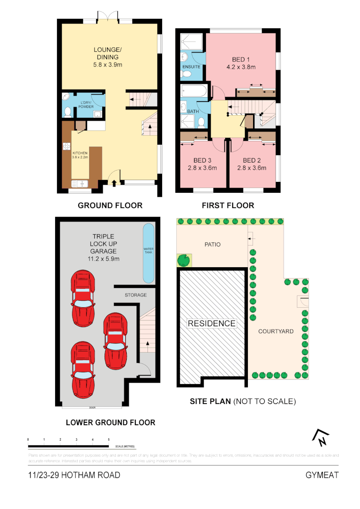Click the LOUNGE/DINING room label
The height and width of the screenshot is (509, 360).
(x=108, y=53)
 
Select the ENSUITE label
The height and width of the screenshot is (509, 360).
(x=191, y=67)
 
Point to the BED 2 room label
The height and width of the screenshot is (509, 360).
(x=252, y=161)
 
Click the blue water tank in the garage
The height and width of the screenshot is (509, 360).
(x=148, y=253)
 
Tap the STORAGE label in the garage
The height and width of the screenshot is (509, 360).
(x=136, y=295)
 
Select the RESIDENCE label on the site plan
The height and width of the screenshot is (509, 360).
(x=212, y=323)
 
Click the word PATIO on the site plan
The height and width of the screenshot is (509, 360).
(x=213, y=245)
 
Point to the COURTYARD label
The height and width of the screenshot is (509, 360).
(x=276, y=331)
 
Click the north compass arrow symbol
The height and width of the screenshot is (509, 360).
(x=320, y=438)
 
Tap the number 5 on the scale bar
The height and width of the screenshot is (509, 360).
(x=109, y=439)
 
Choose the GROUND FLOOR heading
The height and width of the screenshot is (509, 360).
(x=110, y=205)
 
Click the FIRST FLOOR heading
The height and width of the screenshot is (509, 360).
(x=228, y=205)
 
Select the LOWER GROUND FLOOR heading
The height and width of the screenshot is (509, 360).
(x=110, y=422)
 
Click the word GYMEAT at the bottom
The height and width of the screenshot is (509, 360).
(x=322, y=475)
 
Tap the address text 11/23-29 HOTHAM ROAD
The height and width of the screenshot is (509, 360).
(x=74, y=475)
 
